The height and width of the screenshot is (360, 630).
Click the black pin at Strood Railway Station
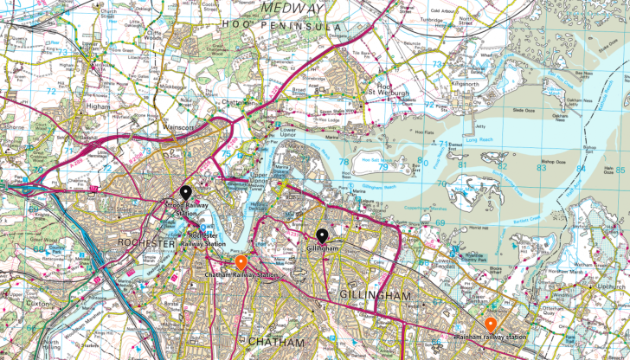coord(184,193)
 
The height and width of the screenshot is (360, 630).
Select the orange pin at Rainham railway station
coord(490,325)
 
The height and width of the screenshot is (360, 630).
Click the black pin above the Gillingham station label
coord(322,235)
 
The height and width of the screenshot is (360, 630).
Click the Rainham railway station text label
coord(491,337)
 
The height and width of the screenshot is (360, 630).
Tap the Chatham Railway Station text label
coord(242,275)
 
